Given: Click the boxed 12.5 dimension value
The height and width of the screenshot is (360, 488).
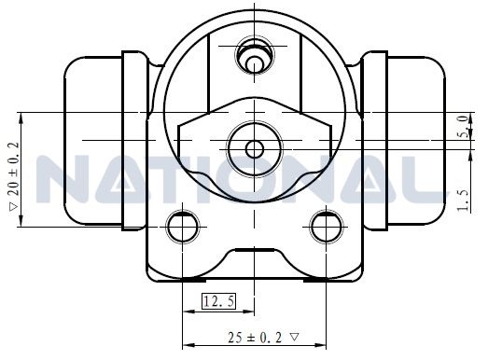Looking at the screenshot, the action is (218, 301).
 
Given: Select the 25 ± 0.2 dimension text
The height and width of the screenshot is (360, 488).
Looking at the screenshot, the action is (255, 338).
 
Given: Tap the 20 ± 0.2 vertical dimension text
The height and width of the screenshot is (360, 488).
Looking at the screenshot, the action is (14, 169).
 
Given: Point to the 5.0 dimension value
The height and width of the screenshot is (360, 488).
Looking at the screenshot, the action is (464, 126).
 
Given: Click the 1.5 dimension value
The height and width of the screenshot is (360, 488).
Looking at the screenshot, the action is (463, 201).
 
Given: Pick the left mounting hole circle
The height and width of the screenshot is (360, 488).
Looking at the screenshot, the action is (183, 227).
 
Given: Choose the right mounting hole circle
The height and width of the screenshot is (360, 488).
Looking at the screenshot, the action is (327, 227).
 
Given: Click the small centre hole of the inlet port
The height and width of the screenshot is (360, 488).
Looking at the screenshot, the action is (255, 149).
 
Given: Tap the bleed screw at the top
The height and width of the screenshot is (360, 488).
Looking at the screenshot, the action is (255, 56).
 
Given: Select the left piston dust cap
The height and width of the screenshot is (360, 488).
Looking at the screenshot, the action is (93, 140).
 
